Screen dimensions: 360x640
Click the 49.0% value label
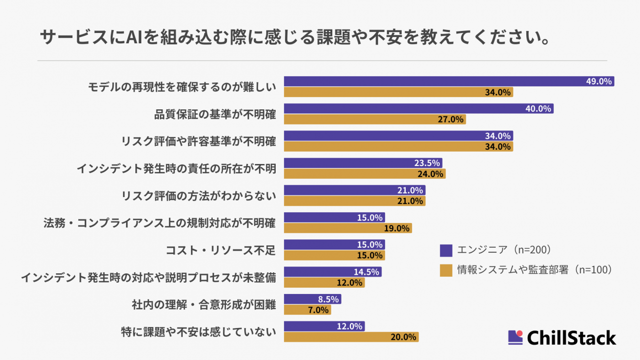pyautogui.click(x=599, y=82)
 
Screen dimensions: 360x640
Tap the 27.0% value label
pyautogui.click(x=450, y=120)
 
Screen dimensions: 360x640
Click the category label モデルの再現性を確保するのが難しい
pyautogui.click(x=182, y=87)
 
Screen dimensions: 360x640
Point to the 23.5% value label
pyautogui.click(x=426, y=164)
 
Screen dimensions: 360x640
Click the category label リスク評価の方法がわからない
pyautogui.click(x=198, y=196)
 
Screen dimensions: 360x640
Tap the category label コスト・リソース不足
pyautogui.click(x=221, y=250)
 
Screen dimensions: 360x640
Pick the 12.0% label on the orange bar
pyautogui.click(x=349, y=283)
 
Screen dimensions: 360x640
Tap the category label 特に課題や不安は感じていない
pyautogui.click(x=198, y=331)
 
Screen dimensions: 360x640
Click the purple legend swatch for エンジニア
pyautogui.click(x=446, y=250)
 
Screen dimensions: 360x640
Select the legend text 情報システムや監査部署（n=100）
pyautogui.click(x=534, y=270)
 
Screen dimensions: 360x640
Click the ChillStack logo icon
pyautogui.click(x=515, y=337)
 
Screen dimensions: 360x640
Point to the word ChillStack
pyautogui.click(x=571, y=338)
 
